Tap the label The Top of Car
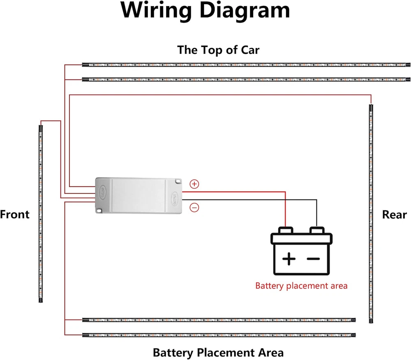pos(218,50)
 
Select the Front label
pos(15,214)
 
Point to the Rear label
pos(394,214)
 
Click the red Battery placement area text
pos(301,286)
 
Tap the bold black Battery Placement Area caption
pos(218,353)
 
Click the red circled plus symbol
pos(194,184)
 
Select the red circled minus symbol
pos(194,208)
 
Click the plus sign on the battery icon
pos(289,259)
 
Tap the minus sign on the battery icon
pos(313,259)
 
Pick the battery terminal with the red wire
pos(285,230)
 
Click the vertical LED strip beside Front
pos(40,214)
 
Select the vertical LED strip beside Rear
pos(371,214)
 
